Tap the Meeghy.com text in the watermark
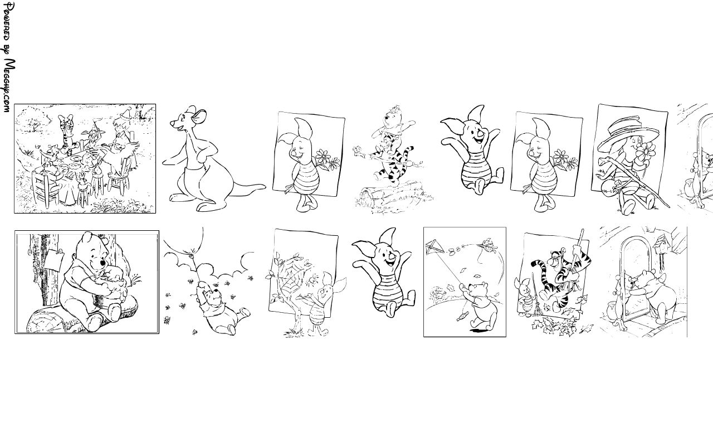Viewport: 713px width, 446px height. click(9, 85)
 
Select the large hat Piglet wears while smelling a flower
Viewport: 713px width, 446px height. click(627, 133)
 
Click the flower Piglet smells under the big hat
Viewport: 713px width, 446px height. click(644, 150)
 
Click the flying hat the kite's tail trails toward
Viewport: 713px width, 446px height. click(486, 244)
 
